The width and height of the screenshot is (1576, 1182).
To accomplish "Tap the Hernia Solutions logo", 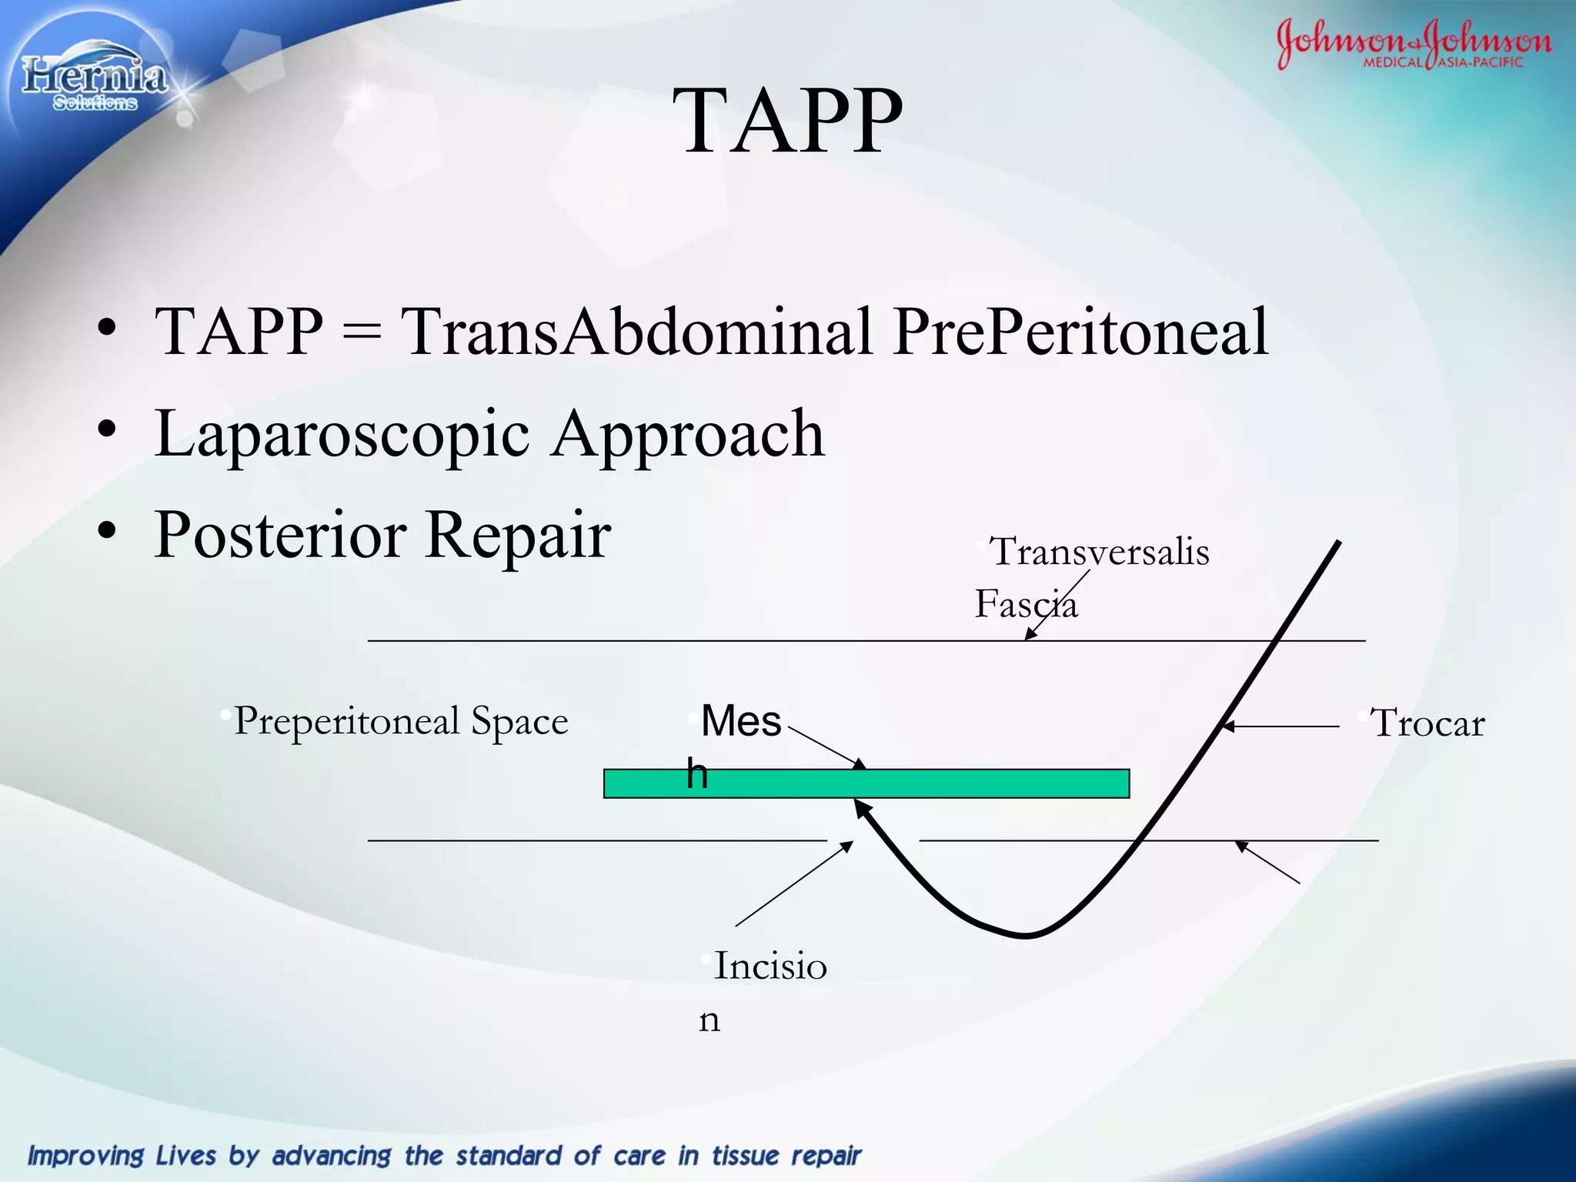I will click(94, 81).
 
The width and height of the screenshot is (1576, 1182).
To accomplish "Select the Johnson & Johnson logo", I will click(1413, 43).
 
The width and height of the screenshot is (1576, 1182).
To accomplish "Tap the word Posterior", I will click(280, 534).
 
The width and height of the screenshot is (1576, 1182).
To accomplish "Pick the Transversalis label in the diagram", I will click(1099, 552).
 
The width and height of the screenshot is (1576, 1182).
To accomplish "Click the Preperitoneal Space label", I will click(400, 721).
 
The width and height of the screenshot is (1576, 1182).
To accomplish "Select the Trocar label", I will click(1427, 723).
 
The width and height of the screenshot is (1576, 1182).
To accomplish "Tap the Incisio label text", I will click(770, 966).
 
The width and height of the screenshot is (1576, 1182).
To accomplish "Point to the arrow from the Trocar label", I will click(1281, 726).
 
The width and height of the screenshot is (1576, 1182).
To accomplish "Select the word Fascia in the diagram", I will click(1026, 604).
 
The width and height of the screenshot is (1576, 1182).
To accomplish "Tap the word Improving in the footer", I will click(85, 1155).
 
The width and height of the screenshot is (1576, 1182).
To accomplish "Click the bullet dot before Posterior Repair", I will click(107, 530).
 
